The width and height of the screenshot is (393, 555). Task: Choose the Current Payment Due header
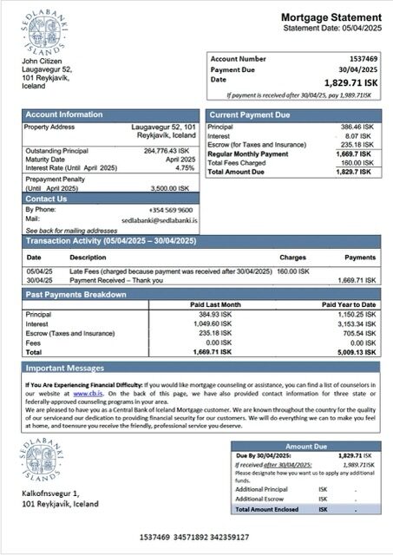[252, 114]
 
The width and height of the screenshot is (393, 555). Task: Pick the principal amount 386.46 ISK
[356, 127]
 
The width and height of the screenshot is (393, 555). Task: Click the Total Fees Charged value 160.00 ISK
[356, 162]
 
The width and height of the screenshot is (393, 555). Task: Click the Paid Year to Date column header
[349, 305]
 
